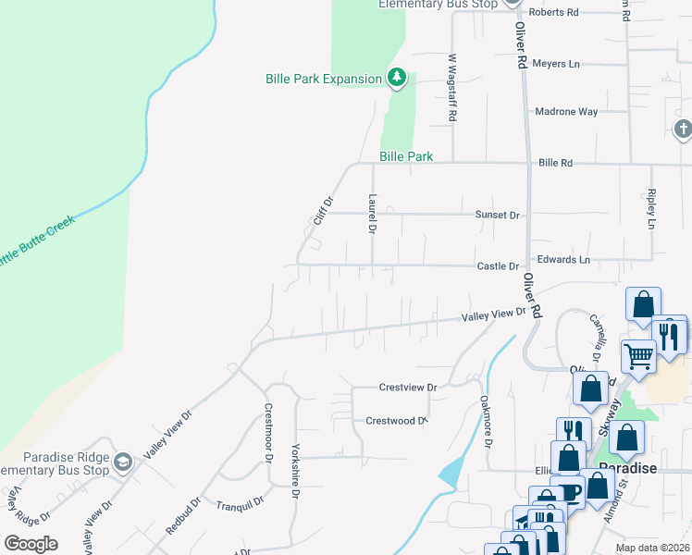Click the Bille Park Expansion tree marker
tap(397, 78)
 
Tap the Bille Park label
tap(405, 157)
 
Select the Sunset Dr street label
tap(498, 215)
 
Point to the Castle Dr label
tap(498, 266)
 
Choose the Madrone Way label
tap(567, 112)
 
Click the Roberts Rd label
tap(557, 12)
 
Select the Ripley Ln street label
tap(651, 210)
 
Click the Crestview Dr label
tap(407, 388)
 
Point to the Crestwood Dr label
tap(396, 421)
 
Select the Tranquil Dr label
tap(240, 504)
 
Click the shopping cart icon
tap(637, 355)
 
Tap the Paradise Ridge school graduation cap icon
tap(122, 462)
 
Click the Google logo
tap(31, 544)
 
